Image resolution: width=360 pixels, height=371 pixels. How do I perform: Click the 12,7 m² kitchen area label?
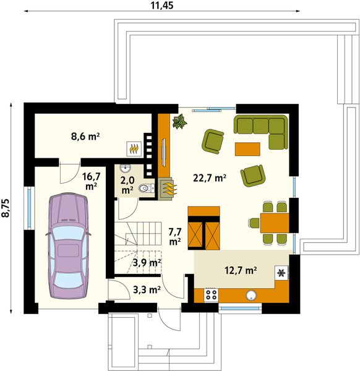(239, 270)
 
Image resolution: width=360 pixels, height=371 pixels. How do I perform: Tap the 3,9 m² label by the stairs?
(147, 262)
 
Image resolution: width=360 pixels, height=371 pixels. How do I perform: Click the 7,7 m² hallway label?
(174, 236)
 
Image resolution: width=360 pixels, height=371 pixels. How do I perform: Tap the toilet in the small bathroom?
(144, 189)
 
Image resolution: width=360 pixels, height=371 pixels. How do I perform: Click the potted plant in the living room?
(180, 121)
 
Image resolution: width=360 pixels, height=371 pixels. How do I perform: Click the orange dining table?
(274, 222)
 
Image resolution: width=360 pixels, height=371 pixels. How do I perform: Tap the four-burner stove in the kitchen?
(211, 295)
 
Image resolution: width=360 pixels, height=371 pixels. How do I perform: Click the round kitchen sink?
(252, 295)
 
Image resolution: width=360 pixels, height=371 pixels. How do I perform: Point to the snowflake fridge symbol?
(281, 273)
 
